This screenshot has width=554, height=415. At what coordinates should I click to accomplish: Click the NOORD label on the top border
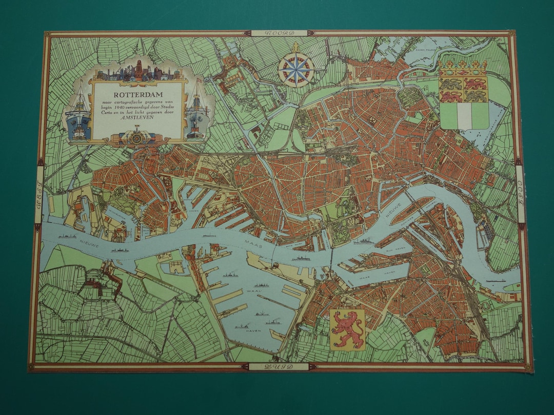(280, 33)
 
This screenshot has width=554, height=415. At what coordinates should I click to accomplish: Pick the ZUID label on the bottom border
(279, 367)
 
